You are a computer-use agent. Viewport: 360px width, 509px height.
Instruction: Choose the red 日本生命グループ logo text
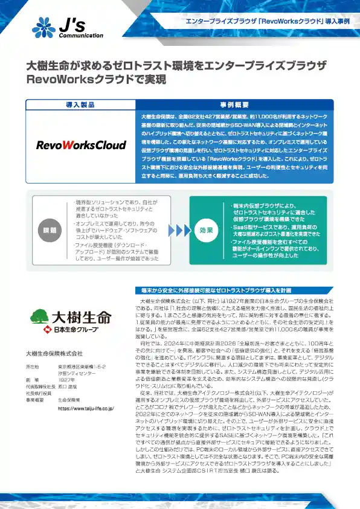pyautogui.click(x=66, y=330)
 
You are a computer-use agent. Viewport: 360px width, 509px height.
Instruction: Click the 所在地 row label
pyautogui.click(x=33, y=367)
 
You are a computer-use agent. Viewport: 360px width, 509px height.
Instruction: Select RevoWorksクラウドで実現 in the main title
pyautogui.click(x=97, y=79)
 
